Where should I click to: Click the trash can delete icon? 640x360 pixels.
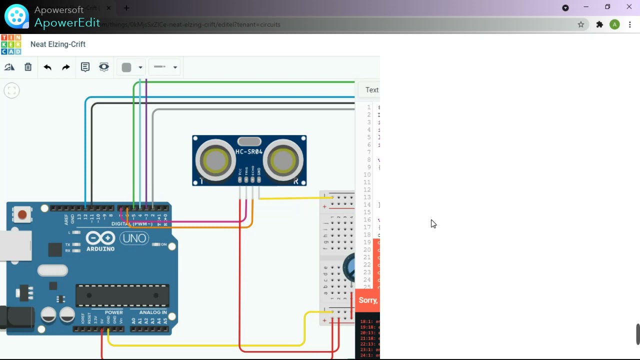pos(28,67)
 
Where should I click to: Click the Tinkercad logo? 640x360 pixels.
pos(11,44)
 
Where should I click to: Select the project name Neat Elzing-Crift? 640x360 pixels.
pos(58,44)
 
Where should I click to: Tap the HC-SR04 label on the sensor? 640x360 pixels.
pos(249,151)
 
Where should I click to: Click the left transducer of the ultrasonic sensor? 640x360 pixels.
pos(215,161)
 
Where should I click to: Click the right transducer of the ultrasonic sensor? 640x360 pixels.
pos(283,161)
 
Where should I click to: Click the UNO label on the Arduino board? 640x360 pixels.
pos(134,238)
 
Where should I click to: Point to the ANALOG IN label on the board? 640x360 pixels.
pos(153,312)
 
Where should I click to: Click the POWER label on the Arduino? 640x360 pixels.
pos(114,312)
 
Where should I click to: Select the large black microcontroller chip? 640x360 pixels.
pos(122,295)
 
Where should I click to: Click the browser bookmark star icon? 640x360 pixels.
pos(581,24)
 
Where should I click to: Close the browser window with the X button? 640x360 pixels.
pos(629,7)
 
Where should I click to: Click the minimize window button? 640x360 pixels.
pos(586,7)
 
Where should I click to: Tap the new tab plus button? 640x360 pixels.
pos(126,8)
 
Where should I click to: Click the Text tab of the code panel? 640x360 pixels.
pos(371,90)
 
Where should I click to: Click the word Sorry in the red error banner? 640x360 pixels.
pos(368,300)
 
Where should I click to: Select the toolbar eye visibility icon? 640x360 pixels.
pos(104,67)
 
